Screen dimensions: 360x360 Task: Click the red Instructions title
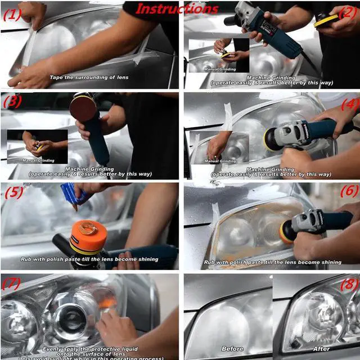point(176,8)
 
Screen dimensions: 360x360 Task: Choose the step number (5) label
point(14,192)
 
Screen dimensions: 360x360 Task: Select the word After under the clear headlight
point(321,349)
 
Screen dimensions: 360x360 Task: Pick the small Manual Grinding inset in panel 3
point(37,146)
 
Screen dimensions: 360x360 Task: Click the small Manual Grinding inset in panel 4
point(219,148)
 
